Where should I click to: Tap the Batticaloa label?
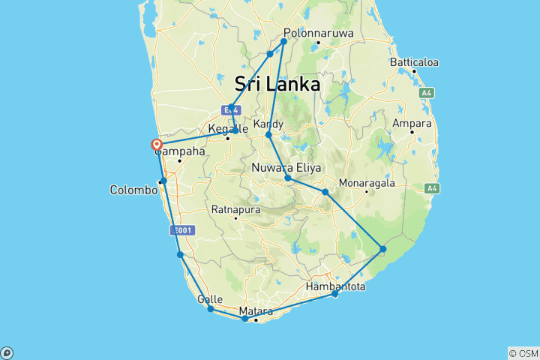413,62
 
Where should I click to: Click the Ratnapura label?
235,209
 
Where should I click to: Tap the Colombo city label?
133,190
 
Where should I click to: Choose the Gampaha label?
180,151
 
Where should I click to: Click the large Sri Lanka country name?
277,83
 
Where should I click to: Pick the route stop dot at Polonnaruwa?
284,40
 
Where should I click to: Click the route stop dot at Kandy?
268,135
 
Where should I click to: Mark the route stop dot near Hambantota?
334,294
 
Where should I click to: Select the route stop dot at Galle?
211,309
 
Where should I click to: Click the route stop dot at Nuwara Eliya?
288,178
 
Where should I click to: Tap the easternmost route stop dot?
382,249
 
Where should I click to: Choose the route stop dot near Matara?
245,319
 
